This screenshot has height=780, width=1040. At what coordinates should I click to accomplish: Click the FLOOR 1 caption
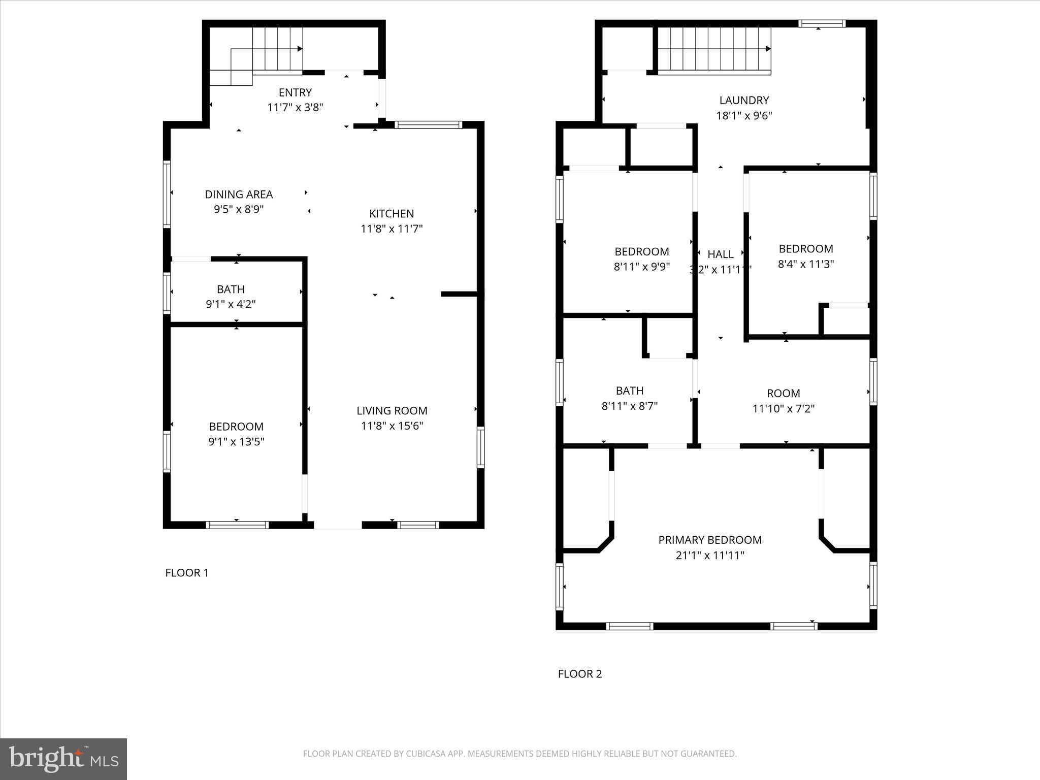click(187, 573)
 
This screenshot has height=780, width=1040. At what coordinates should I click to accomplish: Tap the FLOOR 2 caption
click(580, 674)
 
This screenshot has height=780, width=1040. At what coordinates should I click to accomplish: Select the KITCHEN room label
click(392, 214)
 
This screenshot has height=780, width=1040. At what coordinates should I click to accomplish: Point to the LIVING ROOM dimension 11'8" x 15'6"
click(392, 426)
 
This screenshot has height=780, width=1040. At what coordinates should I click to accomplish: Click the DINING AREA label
click(239, 194)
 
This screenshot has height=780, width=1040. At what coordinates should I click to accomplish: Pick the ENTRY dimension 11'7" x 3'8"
click(295, 108)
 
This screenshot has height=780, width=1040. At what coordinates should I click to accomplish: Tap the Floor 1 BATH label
click(231, 289)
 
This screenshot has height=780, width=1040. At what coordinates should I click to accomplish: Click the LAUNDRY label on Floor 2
click(744, 101)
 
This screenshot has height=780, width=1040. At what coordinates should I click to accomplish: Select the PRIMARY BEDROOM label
click(710, 540)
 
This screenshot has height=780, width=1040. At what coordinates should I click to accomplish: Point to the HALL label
click(720, 254)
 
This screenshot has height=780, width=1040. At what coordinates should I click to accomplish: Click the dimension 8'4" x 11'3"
click(806, 264)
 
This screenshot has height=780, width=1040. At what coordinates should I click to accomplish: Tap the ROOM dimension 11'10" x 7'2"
click(784, 409)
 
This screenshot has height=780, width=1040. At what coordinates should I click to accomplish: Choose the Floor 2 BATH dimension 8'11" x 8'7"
click(630, 406)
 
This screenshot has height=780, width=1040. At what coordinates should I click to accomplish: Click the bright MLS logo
click(63, 759)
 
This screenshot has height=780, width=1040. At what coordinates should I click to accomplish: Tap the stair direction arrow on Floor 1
click(300, 49)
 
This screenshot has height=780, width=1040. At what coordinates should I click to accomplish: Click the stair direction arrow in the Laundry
click(768, 49)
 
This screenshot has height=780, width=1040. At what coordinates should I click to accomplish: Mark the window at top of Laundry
click(822, 23)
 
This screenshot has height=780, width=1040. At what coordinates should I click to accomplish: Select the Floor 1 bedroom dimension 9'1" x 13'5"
click(236, 442)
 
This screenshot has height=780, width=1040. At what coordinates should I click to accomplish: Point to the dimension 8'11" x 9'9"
click(642, 267)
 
